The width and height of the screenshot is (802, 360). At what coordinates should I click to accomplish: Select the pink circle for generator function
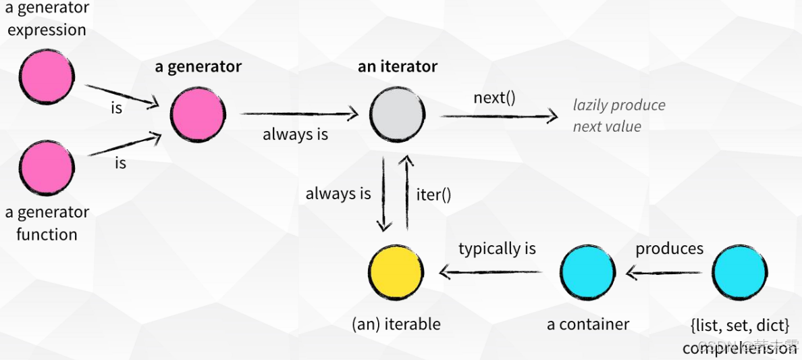pyautogui.click(x=47, y=169)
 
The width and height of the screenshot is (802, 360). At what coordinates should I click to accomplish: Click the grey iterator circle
pyautogui.click(x=398, y=113)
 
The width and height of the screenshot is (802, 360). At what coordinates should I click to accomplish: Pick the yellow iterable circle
pyautogui.click(x=396, y=272)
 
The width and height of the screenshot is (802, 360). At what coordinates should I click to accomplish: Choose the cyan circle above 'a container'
pyautogui.click(x=588, y=272)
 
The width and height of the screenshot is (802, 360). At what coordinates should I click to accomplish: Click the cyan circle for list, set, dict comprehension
pyautogui.click(x=739, y=272)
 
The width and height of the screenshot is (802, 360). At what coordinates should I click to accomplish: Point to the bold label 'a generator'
pyautogui.click(x=198, y=67)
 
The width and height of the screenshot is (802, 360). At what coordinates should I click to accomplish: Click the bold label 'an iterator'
pyautogui.click(x=398, y=67)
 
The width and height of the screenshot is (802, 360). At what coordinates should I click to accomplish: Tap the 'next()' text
pyautogui.click(x=494, y=98)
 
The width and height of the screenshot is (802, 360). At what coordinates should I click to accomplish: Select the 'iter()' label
pyautogui.click(x=433, y=195)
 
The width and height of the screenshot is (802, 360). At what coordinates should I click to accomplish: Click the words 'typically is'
pyautogui.click(x=497, y=249)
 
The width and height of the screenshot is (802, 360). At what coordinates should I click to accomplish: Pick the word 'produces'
pyautogui.click(x=669, y=249)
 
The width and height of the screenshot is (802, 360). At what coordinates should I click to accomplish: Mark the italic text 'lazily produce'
pyautogui.click(x=619, y=105)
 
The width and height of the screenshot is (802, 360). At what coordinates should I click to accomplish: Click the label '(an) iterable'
pyautogui.click(x=396, y=324)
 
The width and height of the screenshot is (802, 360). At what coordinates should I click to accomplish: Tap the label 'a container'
pyautogui.click(x=588, y=324)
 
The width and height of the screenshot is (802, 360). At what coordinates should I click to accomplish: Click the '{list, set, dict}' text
pyautogui.click(x=739, y=326)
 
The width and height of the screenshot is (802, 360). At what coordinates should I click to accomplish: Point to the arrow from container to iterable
pyautogui.click(x=491, y=273)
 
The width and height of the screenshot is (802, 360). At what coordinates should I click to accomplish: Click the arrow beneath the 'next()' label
pyautogui.click(x=500, y=116)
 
